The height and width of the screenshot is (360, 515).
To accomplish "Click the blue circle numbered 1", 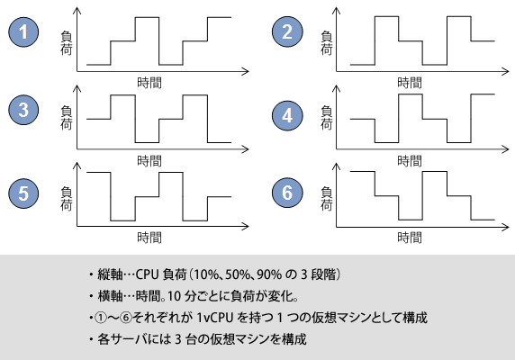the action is click(x=23, y=31).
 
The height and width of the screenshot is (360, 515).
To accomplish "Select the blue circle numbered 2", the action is click(x=287, y=31).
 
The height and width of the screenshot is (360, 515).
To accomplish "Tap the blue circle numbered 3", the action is click(x=23, y=110).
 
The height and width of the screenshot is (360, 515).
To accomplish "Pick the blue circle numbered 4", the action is click(x=287, y=115).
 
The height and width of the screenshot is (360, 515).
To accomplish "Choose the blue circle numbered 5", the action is click(x=23, y=193).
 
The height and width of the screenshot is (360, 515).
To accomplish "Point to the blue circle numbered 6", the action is click(x=287, y=193).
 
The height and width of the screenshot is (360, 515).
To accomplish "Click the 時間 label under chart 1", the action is click(x=149, y=83).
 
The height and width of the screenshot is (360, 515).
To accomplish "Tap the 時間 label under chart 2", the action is click(x=410, y=83).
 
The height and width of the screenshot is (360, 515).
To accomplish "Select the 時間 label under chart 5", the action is click(x=149, y=238).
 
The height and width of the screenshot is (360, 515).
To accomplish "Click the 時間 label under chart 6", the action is click(x=410, y=238).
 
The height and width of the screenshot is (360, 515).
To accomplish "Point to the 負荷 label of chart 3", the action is click(x=66, y=118).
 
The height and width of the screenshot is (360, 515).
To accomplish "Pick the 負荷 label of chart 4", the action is click(x=327, y=118).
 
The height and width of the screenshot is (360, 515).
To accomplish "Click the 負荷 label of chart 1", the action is click(x=66, y=43).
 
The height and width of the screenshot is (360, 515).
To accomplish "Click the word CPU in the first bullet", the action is click(x=148, y=274).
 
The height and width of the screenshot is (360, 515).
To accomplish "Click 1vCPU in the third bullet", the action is click(x=215, y=318).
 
